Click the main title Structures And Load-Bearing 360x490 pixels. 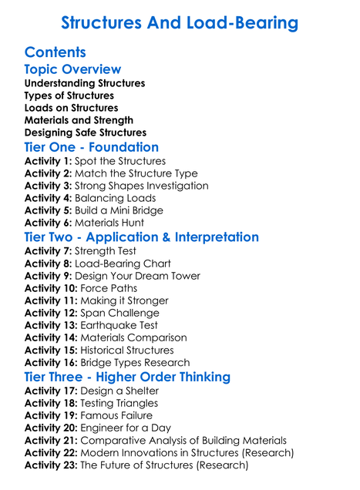point(180,23)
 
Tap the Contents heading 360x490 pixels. point(56,52)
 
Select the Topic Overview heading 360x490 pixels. point(72,69)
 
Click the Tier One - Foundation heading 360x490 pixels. point(92,147)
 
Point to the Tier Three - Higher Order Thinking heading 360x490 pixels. point(127,377)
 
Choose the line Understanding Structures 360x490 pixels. point(85,83)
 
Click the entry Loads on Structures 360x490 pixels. point(72,108)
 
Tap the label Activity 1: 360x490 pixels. point(48,161)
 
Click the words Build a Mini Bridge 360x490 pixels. point(119,210)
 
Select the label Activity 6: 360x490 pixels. point(48,223)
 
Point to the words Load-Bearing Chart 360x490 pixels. point(123,263)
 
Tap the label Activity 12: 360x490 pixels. point(51,313)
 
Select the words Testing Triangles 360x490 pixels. point(119,403)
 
